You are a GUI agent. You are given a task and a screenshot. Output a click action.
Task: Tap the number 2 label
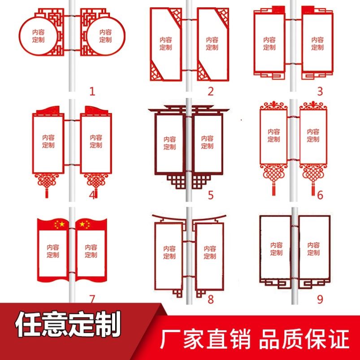tap(211, 91)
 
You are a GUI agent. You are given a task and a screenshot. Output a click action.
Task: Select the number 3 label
tap(320, 91)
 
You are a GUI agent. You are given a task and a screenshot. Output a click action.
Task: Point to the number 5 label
tap(211, 195)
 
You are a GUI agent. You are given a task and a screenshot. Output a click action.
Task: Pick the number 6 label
tap(320, 195)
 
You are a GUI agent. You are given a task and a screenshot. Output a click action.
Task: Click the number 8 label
tap(211, 299)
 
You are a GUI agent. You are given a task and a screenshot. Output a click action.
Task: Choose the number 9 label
tap(320, 299)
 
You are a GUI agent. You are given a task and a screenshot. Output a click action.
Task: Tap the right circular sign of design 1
tap(105, 35)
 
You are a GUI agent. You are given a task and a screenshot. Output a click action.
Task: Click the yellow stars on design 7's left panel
tap(59, 224)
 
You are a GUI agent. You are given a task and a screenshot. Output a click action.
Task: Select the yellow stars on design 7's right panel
tap(85, 224)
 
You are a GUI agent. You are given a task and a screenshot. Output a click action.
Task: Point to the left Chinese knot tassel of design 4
tap(45, 185)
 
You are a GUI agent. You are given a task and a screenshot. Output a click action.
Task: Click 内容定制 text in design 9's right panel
tap(313, 249)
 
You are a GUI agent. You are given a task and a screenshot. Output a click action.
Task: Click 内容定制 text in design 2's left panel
tap(166, 43)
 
